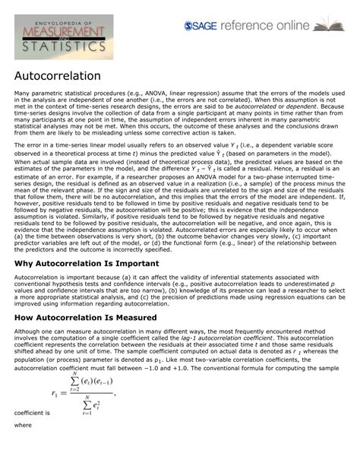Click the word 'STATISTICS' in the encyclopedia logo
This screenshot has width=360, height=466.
click(x=64, y=46)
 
